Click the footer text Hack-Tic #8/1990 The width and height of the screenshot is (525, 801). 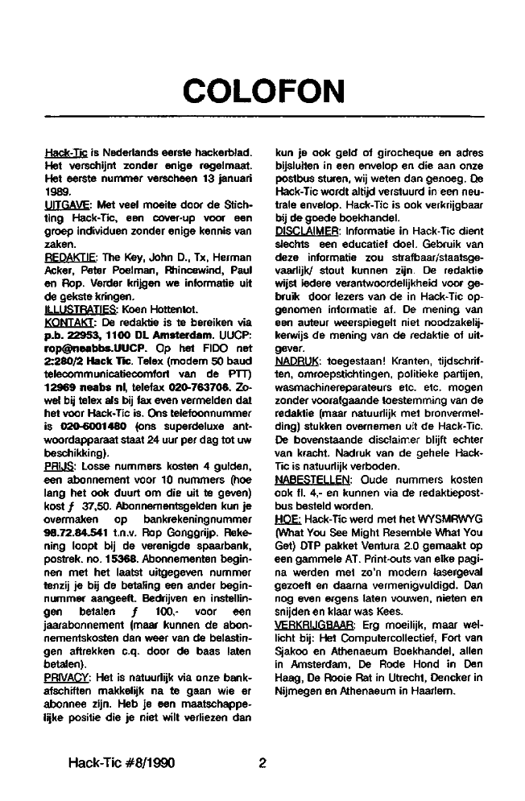click(x=122, y=761)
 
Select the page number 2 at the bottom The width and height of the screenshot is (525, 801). click(x=262, y=761)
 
